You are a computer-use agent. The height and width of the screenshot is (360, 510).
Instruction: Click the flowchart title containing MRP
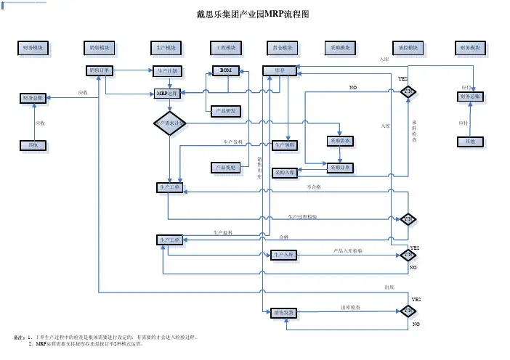coord(253,15)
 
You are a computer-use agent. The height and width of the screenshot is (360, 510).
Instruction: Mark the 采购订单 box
coord(341,167)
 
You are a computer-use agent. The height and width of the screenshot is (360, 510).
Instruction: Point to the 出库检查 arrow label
coord(352,308)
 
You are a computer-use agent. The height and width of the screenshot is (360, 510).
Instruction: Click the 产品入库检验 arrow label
coord(348,250)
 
